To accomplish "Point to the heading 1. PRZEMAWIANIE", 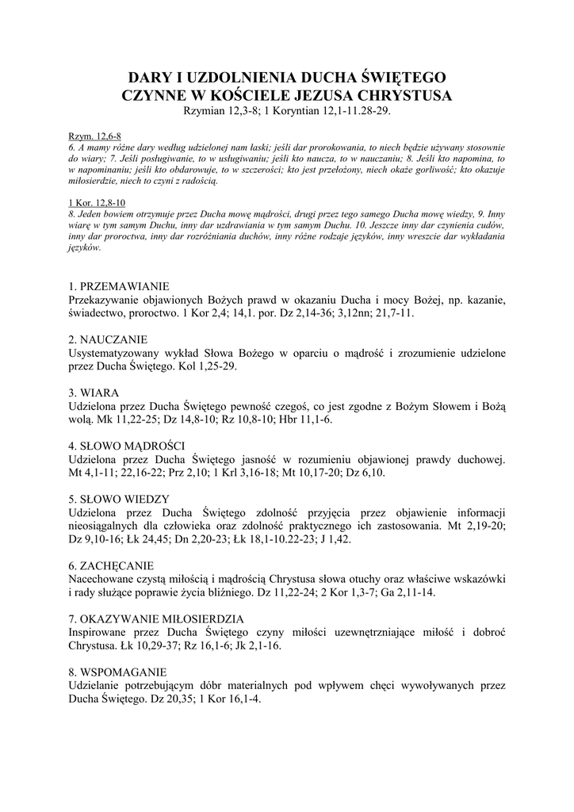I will coord(120,285).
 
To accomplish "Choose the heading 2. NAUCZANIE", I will coord(109,339).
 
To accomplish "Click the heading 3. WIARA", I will coord(94,393).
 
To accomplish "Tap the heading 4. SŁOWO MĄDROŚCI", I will coord(127,446).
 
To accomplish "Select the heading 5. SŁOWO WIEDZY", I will coord(119,499).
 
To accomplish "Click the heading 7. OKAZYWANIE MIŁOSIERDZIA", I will coord(156,619).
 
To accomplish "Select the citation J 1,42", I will coord(335,539).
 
